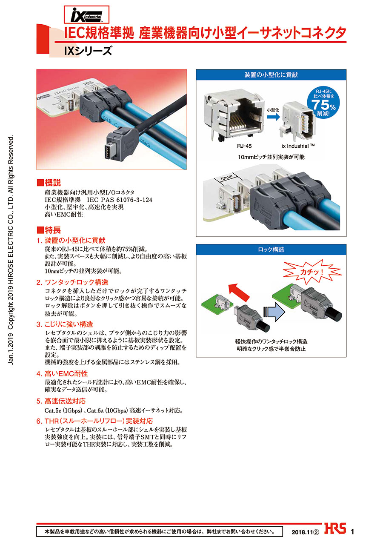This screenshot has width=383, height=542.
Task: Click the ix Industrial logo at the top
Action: pyautogui.click(x=86, y=15)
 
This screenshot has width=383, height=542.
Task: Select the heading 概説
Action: pyautogui.click(x=49, y=183)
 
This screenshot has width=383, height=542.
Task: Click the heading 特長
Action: pyautogui.click(x=49, y=230)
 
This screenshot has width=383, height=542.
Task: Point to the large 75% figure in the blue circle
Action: pyautogui.click(x=323, y=105)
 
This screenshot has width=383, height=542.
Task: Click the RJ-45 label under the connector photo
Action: pyautogui.click(x=244, y=146)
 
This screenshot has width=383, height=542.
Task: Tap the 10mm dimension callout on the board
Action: pyautogui.click(x=226, y=178)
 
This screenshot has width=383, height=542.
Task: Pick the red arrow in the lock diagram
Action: pyautogui.click(x=239, y=293)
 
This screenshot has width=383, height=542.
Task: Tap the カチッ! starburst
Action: pyautogui.click(x=312, y=272)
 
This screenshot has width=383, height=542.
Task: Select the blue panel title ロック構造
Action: pyautogui.click(x=271, y=249)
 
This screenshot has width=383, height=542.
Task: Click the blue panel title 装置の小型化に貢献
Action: pyautogui.click(x=271, y=75)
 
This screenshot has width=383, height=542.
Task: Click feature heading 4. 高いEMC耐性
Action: pyautogui.click(x=62, y=373)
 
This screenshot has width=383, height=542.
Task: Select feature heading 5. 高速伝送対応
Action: pyautogui.click(x=61, y=401)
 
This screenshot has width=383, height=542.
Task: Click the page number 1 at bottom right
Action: pyautogui.click(x=352, y=532)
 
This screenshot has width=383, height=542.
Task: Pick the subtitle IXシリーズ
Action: pyautogui.click(x=88, y=51)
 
